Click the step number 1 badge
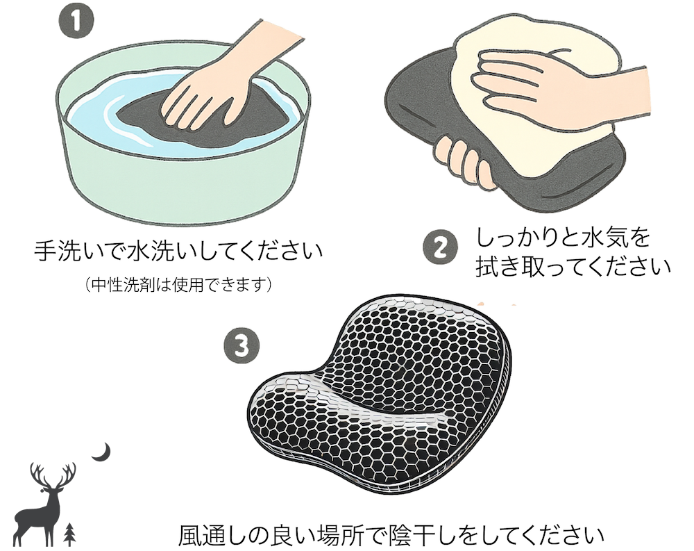click(76, 22)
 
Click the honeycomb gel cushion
click(380, 395)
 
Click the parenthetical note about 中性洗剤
click(178, 285)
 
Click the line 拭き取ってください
click(573, 266)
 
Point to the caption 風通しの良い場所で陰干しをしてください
click(391, 535)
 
